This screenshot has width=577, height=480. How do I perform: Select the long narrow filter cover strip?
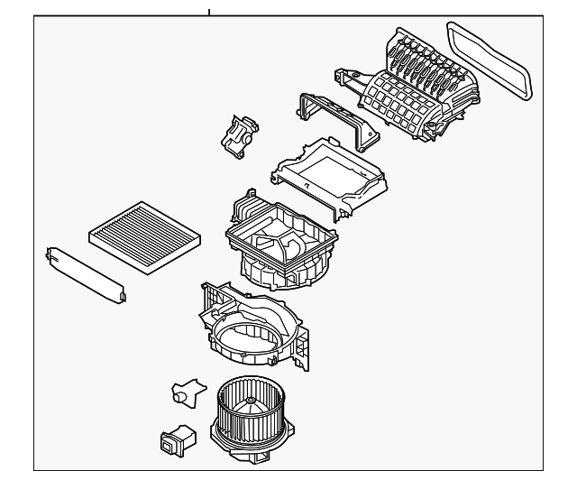click(84, 270)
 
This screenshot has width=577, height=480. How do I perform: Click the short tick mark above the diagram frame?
click(209, 12)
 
